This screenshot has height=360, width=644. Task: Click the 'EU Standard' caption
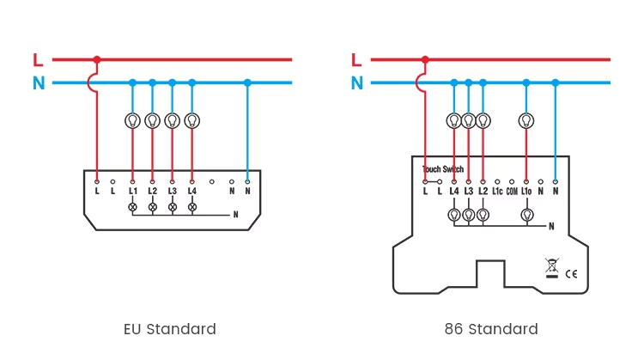pyautogui.click(x=170, y=329)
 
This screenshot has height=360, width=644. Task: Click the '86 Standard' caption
pyautogui.click(x=491, y=329)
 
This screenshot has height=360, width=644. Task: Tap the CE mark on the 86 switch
pyautogui.click(x=571, y=274)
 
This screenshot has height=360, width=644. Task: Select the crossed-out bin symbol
pyautogui.click(x=552, y=268)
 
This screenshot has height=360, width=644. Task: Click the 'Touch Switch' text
pyautogui.click(x=443, y=169)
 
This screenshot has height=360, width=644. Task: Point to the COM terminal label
pyautogui.click(x=512, y=191)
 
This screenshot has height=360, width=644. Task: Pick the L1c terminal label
pyautogui.click(x=497, y=191)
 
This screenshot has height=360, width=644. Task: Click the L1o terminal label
pyautogui.click(x=526, y=191)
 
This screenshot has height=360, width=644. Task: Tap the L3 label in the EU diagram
pyautogui.click(x=172, y=191)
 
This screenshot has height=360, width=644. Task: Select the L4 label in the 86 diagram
pyautogui.click(x=454, y=191)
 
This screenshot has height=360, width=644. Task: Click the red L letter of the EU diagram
pyautogui.click(x=38, y=60)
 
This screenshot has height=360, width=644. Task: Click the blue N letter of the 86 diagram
pyautogui.click(x=357, y=83)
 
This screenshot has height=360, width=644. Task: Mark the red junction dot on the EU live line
pyautogui.click(x=97, y=59)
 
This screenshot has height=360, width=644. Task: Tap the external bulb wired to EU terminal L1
pyautogui.click(x=132, y=121)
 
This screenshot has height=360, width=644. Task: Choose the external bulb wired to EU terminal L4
pyautogui.click(x=192, y=121)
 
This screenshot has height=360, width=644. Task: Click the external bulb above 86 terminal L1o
pyautogui.click(x=526, y=121)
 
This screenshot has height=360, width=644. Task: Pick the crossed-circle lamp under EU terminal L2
pyautogui.click(x=152, y=207)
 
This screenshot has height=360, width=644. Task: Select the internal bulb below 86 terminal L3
pyautogui.click(x=469, y=215)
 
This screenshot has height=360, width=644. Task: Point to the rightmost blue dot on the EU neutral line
pyautogui.click(x=247, y=82)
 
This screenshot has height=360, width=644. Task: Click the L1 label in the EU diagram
pyautogui.click(x=132, y=191)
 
